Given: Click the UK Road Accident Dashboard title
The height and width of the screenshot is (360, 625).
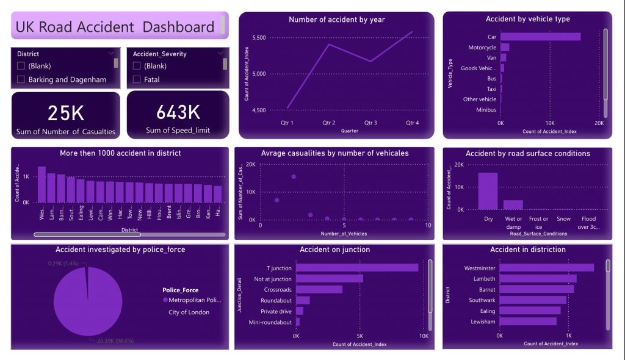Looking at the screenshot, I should point(115,27).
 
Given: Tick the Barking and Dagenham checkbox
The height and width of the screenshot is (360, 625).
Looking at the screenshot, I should point(21,79).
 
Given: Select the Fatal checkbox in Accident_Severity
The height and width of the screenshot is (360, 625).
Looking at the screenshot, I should point(137,79).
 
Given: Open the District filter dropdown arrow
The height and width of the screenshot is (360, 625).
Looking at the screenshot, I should point(110,54).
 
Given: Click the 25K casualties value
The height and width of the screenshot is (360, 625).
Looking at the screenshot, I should point(66,113).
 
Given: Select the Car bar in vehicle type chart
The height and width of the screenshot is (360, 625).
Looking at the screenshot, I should point(540,37).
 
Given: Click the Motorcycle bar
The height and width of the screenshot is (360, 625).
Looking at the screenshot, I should point(505,47).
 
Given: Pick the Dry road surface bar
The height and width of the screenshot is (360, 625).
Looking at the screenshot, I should point(488,191).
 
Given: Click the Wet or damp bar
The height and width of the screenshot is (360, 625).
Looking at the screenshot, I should point(513,204).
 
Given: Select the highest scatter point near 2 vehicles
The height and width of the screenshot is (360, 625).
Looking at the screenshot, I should point(294,176).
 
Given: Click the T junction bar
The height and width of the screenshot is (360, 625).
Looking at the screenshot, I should point(357,267).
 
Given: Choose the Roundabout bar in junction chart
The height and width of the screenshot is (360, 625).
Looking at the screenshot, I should point(303,300).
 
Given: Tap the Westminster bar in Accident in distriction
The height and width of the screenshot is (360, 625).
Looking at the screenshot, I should point(546,267).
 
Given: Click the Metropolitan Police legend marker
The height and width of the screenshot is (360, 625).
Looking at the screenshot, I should point(165,300).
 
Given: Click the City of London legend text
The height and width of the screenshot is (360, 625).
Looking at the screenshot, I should point(189,312).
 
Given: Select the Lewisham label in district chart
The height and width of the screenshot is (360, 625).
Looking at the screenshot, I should point(483,322).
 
